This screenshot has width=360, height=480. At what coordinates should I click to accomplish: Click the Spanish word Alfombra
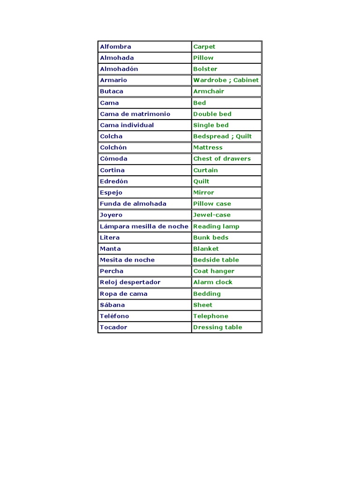(x=115, y=46)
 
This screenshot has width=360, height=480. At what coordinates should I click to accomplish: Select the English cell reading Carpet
(x=204, y=46)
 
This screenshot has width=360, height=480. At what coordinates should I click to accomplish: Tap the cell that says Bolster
(x=205, y=69)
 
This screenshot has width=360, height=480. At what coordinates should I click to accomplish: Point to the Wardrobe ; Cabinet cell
(x=226, y=80)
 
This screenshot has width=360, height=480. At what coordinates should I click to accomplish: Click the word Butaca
(x=112, y=91)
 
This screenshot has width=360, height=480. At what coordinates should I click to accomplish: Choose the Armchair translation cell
(x=209, y=91)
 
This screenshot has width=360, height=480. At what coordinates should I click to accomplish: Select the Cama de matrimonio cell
(x=135, y=114)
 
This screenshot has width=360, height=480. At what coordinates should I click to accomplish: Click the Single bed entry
(x=211, y=125)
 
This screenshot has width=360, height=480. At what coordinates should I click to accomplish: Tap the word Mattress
(x=208, y=148)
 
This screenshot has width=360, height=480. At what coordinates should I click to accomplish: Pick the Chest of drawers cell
(x=222, y=159)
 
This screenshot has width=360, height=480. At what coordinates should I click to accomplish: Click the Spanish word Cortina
(x=112, y=170)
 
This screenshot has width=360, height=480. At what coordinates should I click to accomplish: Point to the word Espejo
(x=111, y=193)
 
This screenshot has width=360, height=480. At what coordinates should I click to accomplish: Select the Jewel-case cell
(x=212, y=215)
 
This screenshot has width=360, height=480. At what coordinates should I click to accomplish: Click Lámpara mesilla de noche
(x=144, y=226)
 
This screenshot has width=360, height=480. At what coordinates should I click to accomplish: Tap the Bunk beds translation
(x=211, y=238)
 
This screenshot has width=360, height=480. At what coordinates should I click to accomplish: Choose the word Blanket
(x=206, y=249)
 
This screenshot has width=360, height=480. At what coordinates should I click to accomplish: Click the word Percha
(x=112, y=271)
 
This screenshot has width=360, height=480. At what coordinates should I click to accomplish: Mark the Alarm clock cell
(x=213, y=282)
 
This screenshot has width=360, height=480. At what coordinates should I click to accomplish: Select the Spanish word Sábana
(x=112, y=305)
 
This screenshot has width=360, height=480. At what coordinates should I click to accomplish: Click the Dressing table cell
(x=217, y=327)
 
